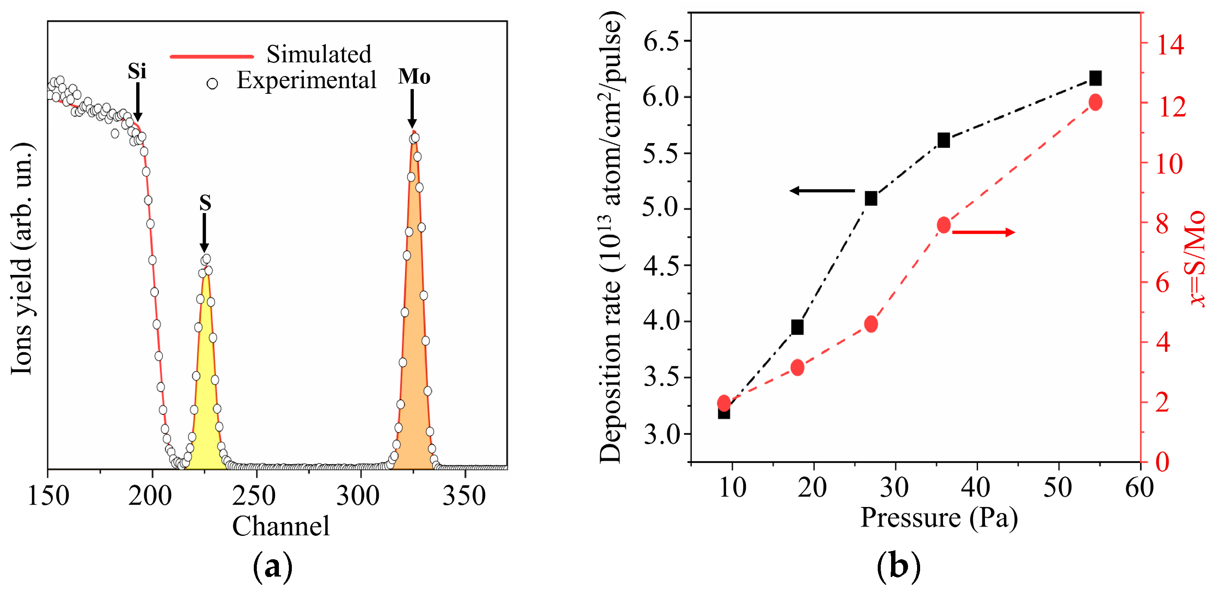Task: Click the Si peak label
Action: (x=137, y=71)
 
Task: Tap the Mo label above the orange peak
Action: (x=414, y=76)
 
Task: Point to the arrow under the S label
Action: (x=204, y=233)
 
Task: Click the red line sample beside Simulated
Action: (x=212, y=56)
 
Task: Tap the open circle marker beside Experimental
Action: (x=212, y=84)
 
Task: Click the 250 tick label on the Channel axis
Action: (x=254, y=496)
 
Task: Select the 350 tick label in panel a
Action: (x=464, y=496)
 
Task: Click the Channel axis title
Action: (x=281, y=526)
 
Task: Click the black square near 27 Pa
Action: (x=871, y=198)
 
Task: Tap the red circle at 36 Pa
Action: (x=944, y=225)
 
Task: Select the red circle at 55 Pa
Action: (x=1096, y=102)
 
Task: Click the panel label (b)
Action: (x=898, y=566)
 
